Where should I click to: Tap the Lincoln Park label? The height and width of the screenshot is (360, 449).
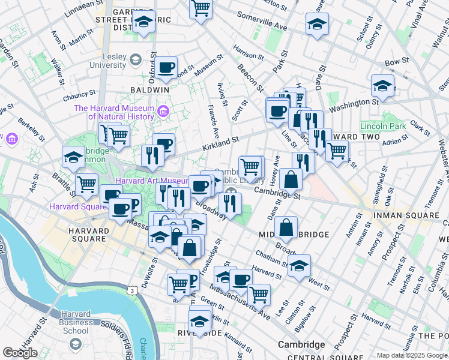383,126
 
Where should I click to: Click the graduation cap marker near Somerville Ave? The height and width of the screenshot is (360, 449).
317,25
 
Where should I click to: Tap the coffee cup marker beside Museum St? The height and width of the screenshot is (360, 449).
167,67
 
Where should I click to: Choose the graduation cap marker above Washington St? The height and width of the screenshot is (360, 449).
382,86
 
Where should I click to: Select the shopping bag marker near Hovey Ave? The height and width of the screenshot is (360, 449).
291,179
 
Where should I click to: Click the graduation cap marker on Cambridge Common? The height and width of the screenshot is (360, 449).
73,158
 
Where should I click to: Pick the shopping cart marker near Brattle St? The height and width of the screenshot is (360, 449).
87,184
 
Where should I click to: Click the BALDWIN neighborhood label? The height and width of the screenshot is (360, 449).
149,89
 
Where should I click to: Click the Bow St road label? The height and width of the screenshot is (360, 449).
396,61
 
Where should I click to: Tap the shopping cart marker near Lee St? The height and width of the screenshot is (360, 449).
259,295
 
